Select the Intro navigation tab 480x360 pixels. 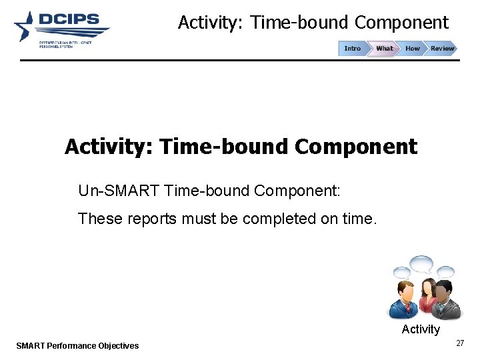(352, 49)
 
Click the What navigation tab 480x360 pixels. (384, 49)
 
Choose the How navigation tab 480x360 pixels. (413, 49)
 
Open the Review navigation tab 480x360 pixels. (441, 49)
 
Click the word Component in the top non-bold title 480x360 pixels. (401, 23)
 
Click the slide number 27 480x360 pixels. (459, 343)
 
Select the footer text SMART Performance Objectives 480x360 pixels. (77, 345)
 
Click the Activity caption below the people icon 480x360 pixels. (421, 329)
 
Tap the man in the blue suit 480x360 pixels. (405, 301)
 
